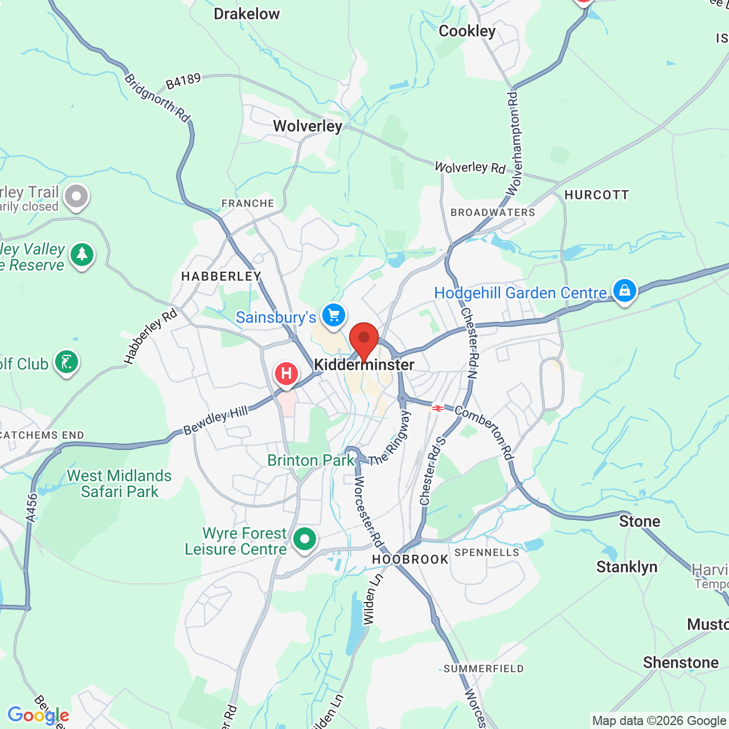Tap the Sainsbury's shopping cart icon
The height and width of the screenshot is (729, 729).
[334, 315]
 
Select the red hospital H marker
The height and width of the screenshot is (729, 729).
[286, 374]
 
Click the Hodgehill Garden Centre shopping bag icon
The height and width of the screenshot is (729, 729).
[624, 290]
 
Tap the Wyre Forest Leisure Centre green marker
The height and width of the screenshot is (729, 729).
[305, 538]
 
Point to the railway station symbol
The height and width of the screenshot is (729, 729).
[437, 408]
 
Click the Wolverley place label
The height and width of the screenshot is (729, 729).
[308, 126]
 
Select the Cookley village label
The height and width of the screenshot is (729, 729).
[467, 31]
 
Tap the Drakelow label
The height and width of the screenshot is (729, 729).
[247, 14]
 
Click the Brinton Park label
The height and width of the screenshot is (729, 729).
[311, 460]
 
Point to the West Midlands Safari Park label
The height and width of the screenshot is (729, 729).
[119, 484]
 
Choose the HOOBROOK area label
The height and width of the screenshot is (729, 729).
[410, 559]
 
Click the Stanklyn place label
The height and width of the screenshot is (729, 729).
[626, 567]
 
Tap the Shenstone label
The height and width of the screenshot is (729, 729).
[681, 662]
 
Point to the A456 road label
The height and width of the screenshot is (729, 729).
[32, 507]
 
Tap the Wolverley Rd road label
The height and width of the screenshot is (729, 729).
[470, 167]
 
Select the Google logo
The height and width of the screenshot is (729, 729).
[38, 715]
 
